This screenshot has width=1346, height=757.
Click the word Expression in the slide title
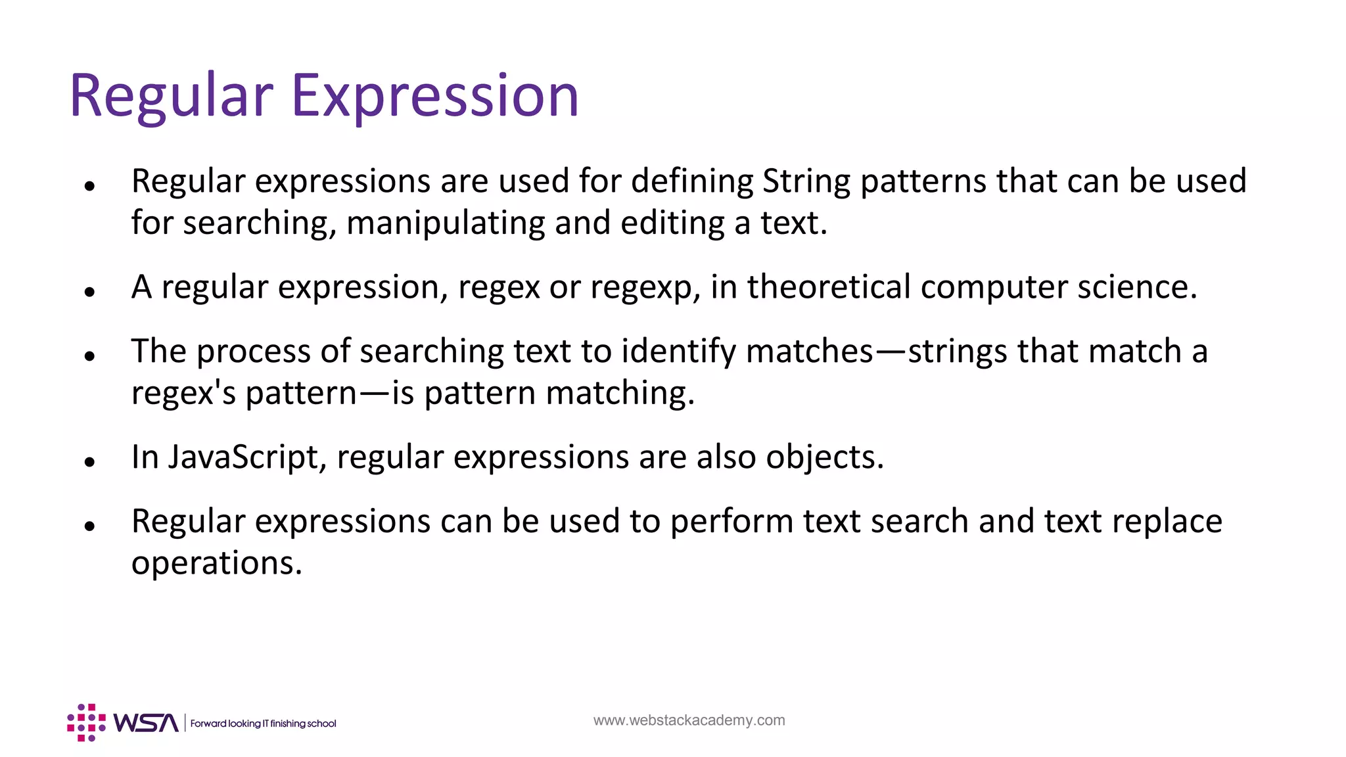click(x=434, y=96)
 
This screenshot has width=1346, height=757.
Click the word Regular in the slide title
click(x=171, y=96)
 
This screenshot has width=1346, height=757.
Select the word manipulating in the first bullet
click(x=446, y=223)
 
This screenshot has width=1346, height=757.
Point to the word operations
click(x=217, y=563)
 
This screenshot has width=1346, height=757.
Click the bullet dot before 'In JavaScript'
click(x=90, y=462)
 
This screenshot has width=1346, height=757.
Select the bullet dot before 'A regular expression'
click(x=90, y=292)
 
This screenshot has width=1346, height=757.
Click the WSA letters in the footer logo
click(x=145, y=723)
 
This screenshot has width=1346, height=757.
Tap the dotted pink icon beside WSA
click(x=86, y=723)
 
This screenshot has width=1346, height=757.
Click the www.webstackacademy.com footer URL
click(x=689, y=720)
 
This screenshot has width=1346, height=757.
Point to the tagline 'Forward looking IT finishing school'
click(x=263, y=723)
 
